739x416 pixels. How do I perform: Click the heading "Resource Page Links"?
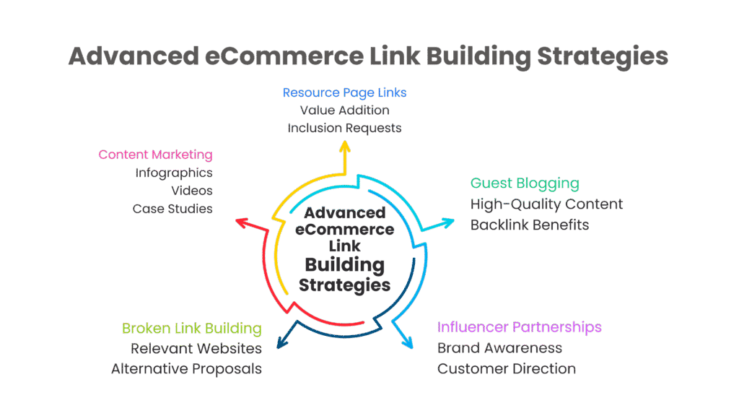click(344, 92)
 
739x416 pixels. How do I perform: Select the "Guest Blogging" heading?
click(525, 183)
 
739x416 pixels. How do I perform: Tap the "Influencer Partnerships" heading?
click(519, 327)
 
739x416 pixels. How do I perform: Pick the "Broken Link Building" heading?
click(191, 329)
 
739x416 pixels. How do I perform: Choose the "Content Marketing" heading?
click(155, 155)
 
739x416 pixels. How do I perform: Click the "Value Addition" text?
click(344, 110)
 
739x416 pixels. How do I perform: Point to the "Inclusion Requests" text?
click(344, 128)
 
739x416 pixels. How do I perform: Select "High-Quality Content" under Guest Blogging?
click(546, 204)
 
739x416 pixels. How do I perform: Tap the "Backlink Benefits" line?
click(530, 225)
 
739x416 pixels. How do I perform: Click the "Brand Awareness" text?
click(499, 348)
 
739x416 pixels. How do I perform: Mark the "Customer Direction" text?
click(506, 369)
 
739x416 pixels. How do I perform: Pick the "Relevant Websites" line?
click(196, 349)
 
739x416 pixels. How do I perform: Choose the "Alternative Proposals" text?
click(186, 369)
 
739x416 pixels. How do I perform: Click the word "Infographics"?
click(173, 173)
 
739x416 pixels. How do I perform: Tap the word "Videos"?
click(191, 191)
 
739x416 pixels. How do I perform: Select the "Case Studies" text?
click(172, 209)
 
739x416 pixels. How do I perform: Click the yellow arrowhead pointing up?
click(345, 147)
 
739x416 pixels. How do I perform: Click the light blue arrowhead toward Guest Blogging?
click(448, 222)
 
